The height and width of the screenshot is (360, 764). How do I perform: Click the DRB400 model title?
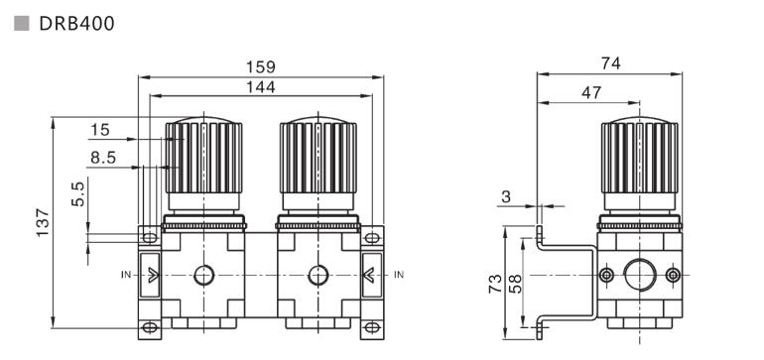[76, 22]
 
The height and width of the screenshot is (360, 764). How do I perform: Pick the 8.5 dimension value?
[102, 157]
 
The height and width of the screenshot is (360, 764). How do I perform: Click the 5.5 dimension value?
[78, 194]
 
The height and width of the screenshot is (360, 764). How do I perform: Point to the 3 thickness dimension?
[506, 197]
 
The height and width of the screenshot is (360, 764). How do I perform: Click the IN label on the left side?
[126, 274]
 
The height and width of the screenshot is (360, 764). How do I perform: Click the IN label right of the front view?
[399, 274]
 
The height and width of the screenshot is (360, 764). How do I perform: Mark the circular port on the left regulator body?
[203, 275]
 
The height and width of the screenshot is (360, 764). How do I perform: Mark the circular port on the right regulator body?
[318, 275]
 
